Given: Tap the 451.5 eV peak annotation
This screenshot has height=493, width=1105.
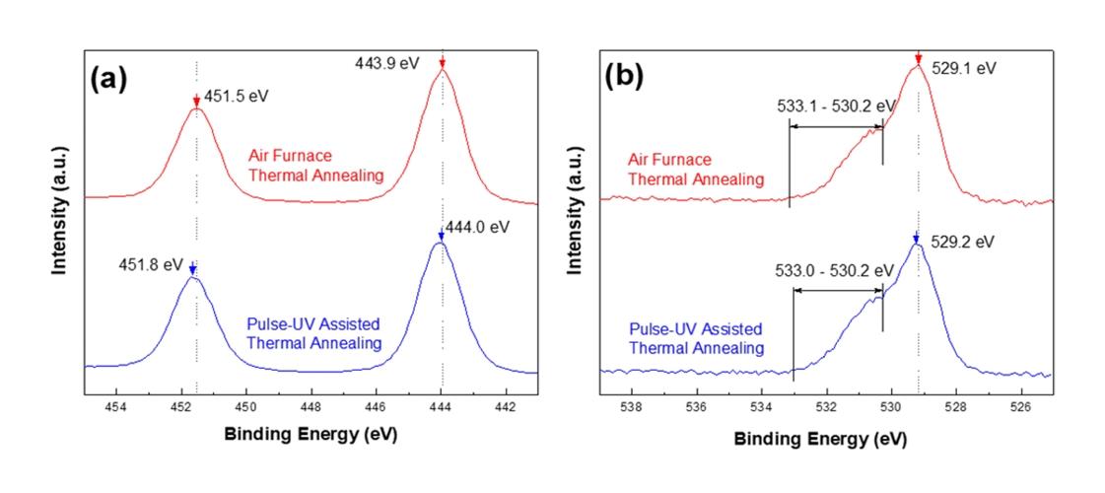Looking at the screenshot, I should pos(238,97).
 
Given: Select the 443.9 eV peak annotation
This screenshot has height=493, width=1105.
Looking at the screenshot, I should pos(387,63).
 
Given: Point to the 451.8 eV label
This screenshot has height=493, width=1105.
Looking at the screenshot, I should pos(152,264).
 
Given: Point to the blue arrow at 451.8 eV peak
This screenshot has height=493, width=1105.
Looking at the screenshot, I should pos(193,268).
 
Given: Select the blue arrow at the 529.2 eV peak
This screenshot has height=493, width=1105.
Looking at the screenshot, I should pos(917,239).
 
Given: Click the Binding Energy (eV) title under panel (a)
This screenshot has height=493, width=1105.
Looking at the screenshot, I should pos(311,434).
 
